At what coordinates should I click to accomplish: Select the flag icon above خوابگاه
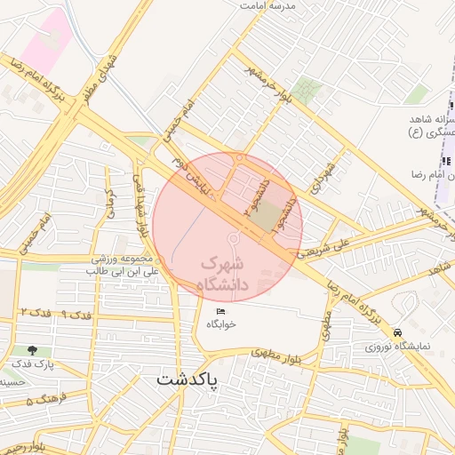[x=221, y=311]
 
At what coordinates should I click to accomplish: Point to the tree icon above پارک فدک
[x=34, y=350]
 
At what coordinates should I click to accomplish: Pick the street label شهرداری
[x=320, y=181]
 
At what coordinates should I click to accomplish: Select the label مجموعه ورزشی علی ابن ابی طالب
[x=124, y=264]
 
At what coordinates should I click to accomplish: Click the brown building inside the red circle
[x=264, y=214]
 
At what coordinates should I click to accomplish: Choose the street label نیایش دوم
[x=192, y=172]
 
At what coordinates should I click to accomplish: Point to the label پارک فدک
[x=34, y=363]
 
